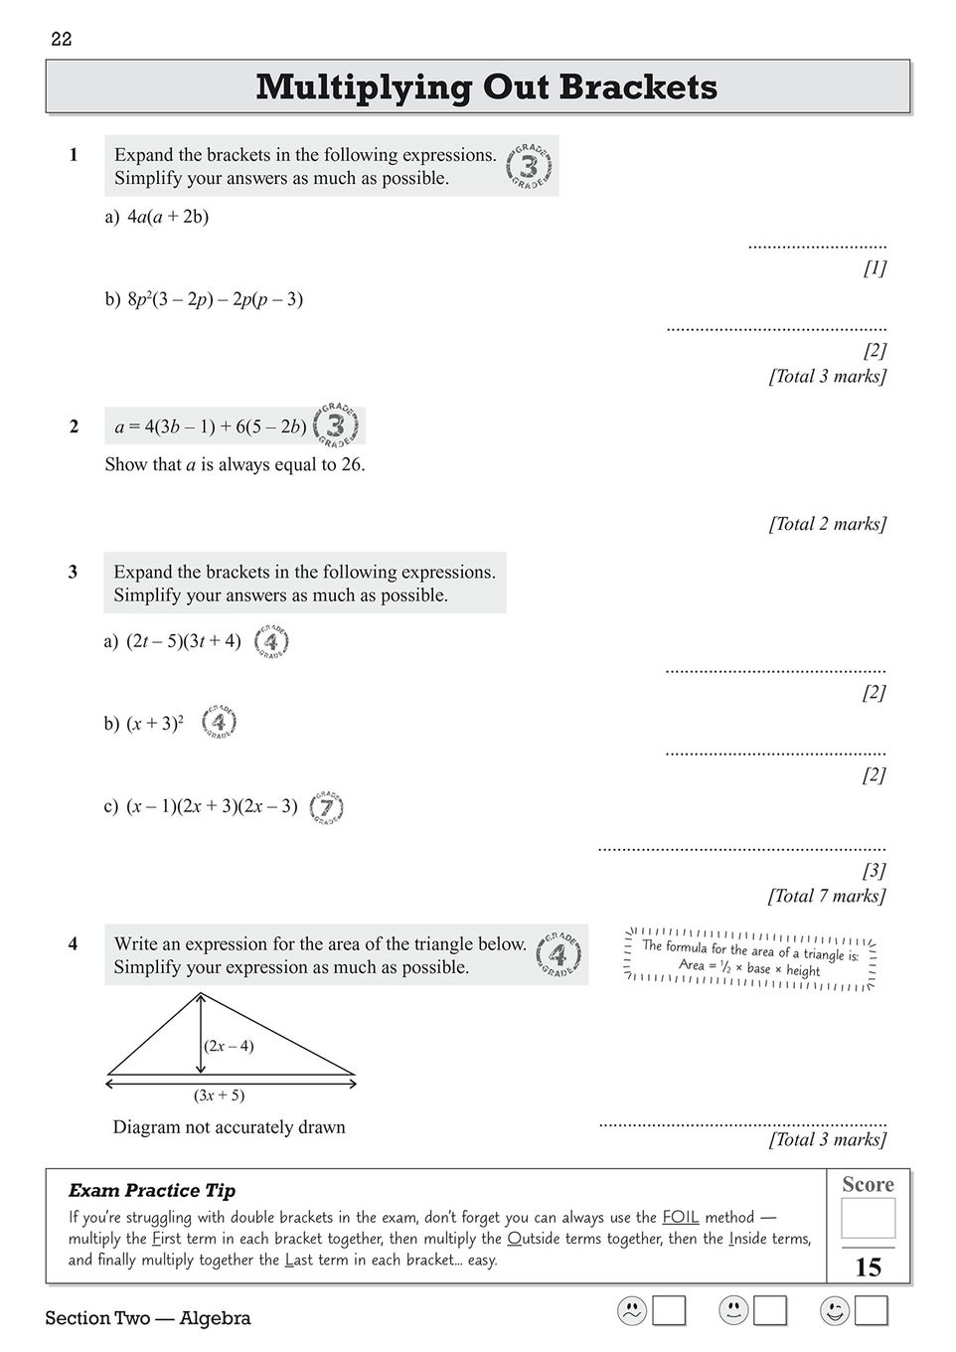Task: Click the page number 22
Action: [x=62, y=40]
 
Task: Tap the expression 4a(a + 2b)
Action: [x=168, y=217]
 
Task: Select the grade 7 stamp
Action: [x=327, y=807]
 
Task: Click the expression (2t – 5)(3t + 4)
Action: [x=184, y=642]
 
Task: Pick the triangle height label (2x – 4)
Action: [x=229, y=1046]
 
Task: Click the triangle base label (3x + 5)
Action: [x=219, y=1096]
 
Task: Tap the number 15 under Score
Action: [x=868, y=1267]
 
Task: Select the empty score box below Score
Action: [x=868, y=1218]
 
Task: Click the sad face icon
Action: [x=631, y=1311]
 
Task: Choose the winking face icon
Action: [x=835, y=1311]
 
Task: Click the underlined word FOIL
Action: [x=681, y=1218]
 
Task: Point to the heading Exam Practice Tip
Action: [x=152, y=1191]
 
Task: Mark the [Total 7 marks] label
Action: [x=827, y=897]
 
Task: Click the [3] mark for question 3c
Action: [x=874, y=871]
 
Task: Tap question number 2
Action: [x=74, y=426]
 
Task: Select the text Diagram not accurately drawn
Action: [x=230, y=1127]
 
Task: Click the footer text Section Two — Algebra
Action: [x=148, y=1319]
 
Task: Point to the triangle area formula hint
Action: [x=750, y=957]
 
